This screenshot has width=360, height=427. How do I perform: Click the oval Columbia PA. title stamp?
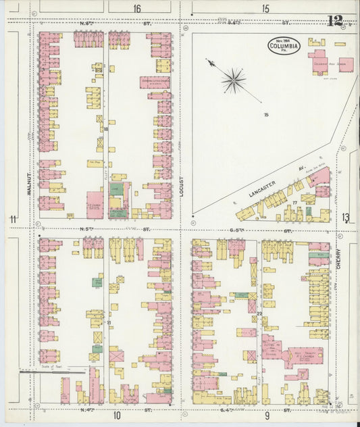pyautogui.click(x=284, y=46)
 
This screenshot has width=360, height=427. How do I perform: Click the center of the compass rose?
pyautogui.click(x=234, y=80)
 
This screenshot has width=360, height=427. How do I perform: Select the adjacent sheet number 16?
pyautogui.click(x=137, y=9)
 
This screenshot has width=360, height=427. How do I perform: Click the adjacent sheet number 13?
pyautogui.click(x=346, y=217)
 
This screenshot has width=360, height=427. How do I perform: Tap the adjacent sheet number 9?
pyautogui.click(x=267, y=414)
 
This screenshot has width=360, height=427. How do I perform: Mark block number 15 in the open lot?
pyautogui.click(x=266, y=115)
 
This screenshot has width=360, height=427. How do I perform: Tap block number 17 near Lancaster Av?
pyautogui.click(x=294, y=202)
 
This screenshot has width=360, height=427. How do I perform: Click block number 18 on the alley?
pyautogui.click(x=106, y=128)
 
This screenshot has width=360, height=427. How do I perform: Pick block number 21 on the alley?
pyautogui.click(x=109, y=323)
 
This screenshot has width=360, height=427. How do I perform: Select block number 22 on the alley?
pyautogui.click(x=259, y=313)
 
